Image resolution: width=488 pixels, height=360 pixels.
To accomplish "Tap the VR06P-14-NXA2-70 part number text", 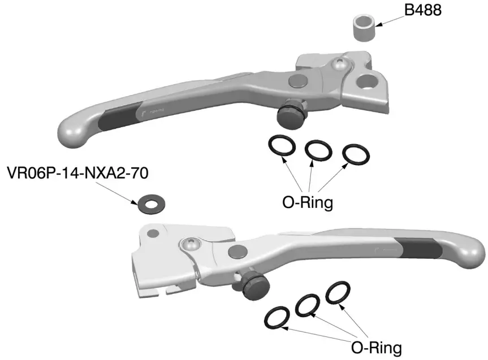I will tap(77, 172).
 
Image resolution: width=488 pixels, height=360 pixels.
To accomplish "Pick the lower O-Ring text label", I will tap(377, 345).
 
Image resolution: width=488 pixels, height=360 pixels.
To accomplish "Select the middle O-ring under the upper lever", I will tap(319, 150).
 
